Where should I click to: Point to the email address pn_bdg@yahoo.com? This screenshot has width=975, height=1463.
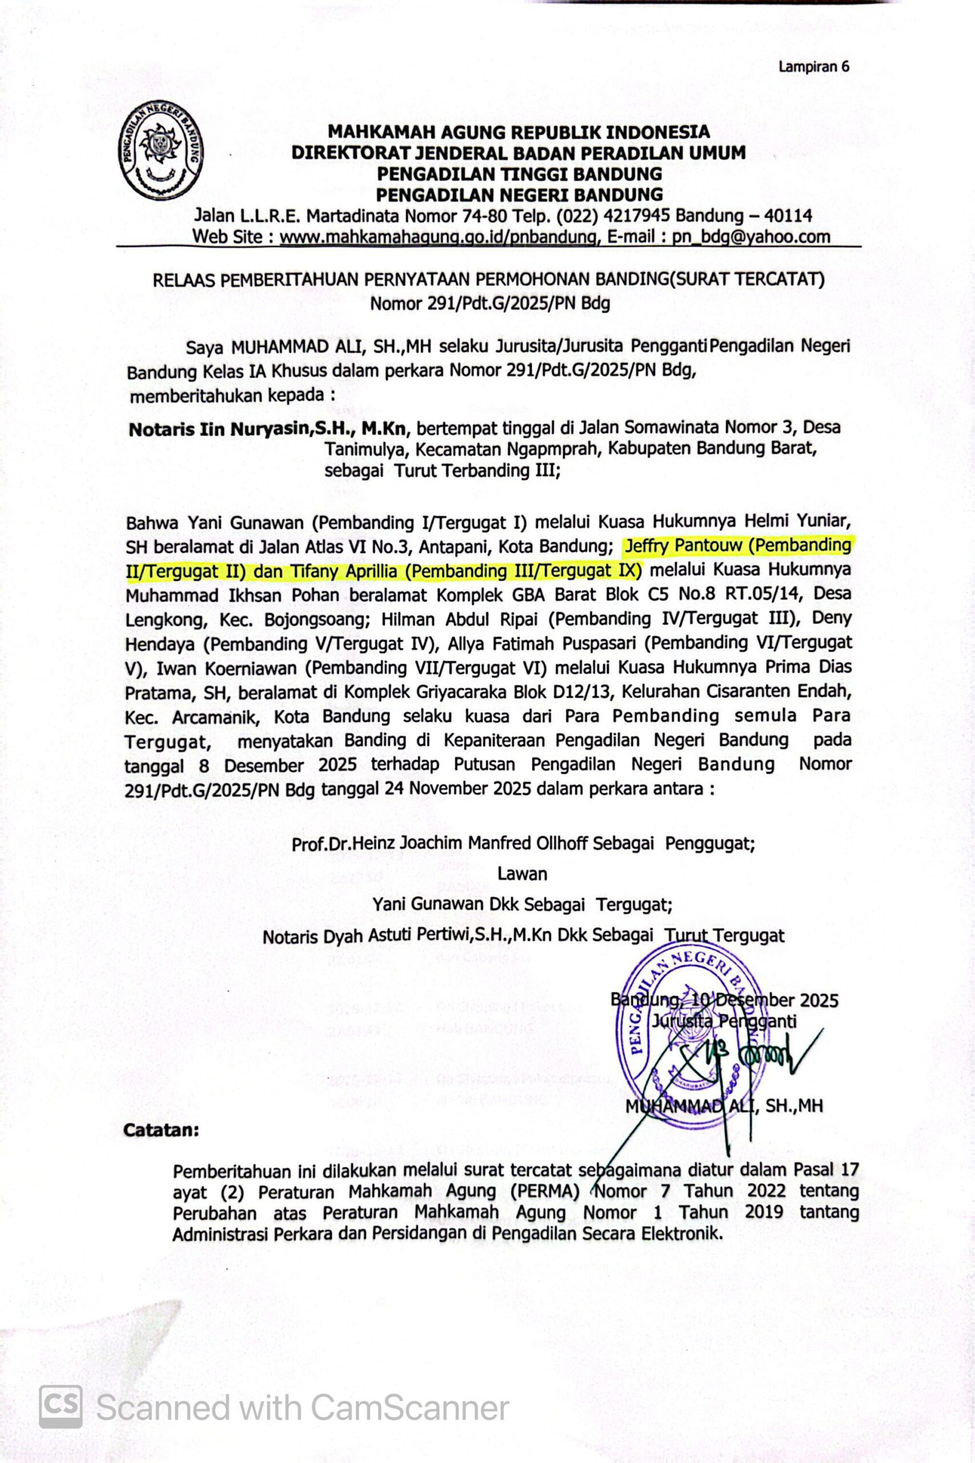coord(751,237)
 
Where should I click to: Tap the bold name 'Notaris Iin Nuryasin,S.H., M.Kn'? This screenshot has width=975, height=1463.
coord(268,429)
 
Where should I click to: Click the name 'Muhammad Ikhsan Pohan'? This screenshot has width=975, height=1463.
coord(232,595)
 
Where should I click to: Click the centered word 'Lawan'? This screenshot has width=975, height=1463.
coord(521,874)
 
